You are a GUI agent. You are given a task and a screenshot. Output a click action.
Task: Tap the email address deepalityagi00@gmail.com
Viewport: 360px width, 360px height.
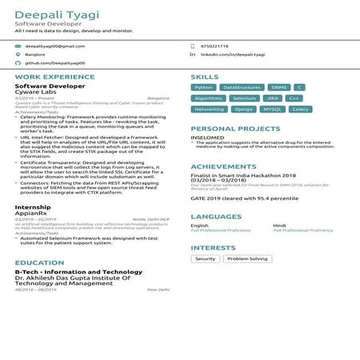54,46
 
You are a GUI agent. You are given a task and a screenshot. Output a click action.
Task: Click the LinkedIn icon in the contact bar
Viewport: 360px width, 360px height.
192,54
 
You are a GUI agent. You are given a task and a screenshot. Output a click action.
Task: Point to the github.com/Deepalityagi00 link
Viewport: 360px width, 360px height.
55,62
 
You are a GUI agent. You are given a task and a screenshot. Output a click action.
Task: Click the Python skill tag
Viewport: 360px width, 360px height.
204,87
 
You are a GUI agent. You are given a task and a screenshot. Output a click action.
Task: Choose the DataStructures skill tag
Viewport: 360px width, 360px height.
242,87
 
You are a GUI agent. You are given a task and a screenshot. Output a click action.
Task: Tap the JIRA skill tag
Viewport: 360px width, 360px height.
272,98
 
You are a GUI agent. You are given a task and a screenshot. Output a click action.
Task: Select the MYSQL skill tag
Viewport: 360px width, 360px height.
272,109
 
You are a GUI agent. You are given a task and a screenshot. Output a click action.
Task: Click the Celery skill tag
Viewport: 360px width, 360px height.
300,109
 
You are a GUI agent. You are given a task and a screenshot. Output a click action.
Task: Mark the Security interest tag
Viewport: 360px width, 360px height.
205,259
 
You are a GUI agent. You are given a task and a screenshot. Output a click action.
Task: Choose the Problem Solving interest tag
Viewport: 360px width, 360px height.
247,259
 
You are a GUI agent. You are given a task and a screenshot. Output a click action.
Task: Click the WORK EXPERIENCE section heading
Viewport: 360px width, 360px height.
49,76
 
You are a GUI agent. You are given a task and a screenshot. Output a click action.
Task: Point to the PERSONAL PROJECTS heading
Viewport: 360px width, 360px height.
235,128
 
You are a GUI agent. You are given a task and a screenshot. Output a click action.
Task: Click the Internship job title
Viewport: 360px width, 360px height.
33,207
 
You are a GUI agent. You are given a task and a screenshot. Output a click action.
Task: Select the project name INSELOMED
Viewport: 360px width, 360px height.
207,137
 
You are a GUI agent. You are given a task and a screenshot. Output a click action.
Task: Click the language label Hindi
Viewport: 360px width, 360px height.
280,225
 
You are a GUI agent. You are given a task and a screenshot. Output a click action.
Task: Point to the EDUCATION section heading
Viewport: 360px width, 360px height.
39,262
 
